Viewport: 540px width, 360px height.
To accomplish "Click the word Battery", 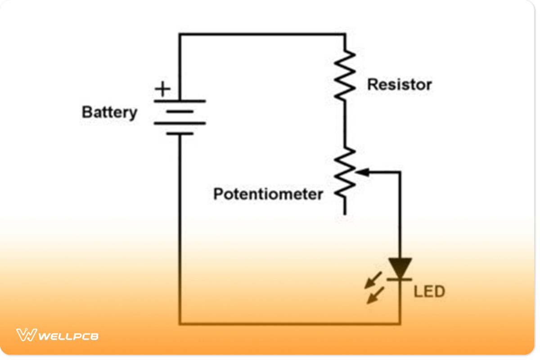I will [x=109, y=112].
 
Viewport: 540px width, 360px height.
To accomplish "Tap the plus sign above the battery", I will [x=162, y=89].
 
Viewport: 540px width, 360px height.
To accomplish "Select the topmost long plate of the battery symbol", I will [x=180, y=101].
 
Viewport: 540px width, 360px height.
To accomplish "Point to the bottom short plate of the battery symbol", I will [x=180, y=134].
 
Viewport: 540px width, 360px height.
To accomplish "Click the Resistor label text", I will [x=399, y=85].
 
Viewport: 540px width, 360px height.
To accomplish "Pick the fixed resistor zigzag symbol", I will [x=345, y=75].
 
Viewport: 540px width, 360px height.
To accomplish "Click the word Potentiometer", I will [x=268, y=194].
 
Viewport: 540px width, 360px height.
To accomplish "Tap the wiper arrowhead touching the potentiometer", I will [x=363, y=172].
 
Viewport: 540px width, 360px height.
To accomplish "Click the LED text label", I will [x=429, y=292].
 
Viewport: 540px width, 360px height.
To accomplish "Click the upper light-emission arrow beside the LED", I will [x=374, y=280].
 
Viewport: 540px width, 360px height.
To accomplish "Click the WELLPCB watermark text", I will [x=68, y=336].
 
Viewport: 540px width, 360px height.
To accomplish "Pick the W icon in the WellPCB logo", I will [x=26, y=335].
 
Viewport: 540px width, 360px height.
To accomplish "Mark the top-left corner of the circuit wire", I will [x=180, y=34].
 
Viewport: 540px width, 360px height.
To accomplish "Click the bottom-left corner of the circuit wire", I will [x=180, y=323].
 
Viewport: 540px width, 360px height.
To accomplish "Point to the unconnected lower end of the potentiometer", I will [x=345, y=212].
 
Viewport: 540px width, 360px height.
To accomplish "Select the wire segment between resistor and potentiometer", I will [x=345, y=124].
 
